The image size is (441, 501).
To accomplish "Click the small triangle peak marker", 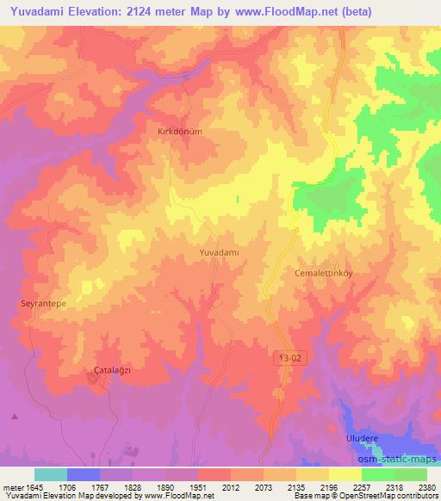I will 14,417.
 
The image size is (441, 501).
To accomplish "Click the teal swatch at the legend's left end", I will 51,474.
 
